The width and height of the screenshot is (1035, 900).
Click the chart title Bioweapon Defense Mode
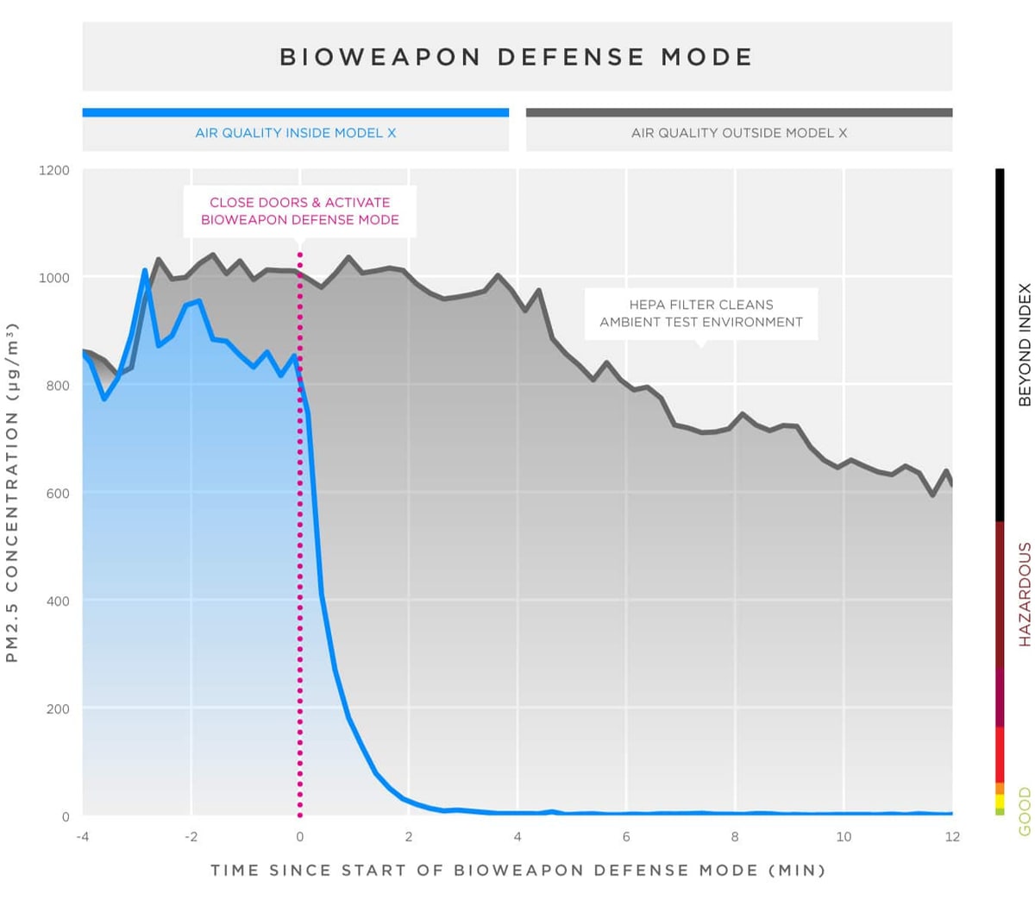[517, 57]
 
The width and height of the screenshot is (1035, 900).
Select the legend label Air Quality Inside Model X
[295, 133]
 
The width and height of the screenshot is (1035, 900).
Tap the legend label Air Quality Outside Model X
[739, 133]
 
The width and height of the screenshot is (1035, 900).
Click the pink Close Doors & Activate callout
[299, 211]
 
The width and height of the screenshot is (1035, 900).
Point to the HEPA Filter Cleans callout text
[700, 313]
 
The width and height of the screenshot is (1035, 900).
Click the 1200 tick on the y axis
[54, 170]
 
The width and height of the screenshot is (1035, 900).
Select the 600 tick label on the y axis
[58, 494]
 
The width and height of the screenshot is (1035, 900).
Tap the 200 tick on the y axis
[58, 709]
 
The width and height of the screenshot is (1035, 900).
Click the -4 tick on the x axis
[83, 836]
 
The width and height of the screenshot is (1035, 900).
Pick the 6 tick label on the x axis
[626, 836]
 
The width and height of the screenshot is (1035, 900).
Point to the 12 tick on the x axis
[952, 836]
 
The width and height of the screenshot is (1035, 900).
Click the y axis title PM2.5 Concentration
[12, 493]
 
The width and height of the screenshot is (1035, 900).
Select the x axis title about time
[517, 870]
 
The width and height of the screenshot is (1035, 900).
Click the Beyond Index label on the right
[1025, 344]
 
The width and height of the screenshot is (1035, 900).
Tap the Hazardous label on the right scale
[1025, 595]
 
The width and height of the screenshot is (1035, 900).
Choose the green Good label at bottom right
[1025, 811]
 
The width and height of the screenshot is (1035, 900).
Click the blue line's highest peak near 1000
[145, 271]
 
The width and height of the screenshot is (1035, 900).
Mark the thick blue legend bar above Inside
[295, 112]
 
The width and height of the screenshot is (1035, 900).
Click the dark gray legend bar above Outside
[739, 112]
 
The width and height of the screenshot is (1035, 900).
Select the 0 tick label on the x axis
[299, 836]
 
